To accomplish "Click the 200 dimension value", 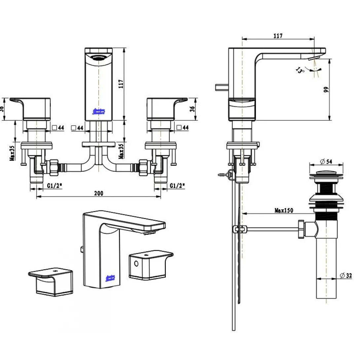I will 98,193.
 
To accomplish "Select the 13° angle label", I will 300,70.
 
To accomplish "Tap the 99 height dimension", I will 326,90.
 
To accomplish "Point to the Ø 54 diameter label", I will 326,162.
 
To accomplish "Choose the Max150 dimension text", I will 284,210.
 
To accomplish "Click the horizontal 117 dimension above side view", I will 278,36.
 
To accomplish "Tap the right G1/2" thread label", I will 177,186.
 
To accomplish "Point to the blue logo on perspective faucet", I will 110,278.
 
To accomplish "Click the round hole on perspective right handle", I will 136,264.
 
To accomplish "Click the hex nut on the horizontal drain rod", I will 301,229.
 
